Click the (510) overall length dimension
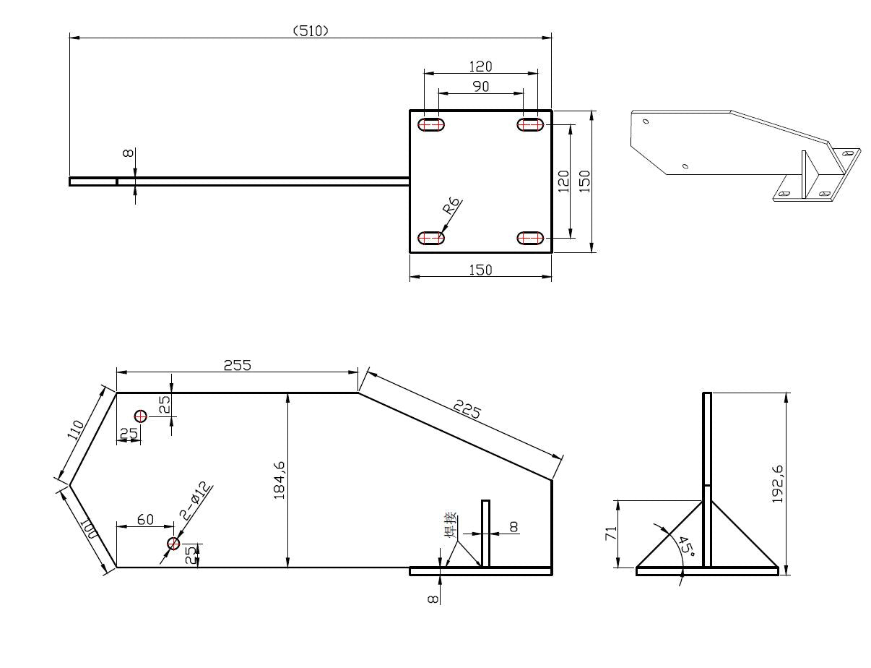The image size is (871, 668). pos(311,31)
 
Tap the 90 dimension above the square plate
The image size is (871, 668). pos(480,86)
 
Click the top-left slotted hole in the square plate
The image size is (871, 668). pos(431,125)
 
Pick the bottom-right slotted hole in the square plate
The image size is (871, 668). pos(530,238)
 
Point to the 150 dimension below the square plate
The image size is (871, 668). pos(480,270)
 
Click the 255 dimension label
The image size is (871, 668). pos(238,365)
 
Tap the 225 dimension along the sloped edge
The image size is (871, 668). pos(467,410)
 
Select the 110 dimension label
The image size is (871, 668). pos(76,429)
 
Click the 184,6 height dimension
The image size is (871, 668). pos(279,480)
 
